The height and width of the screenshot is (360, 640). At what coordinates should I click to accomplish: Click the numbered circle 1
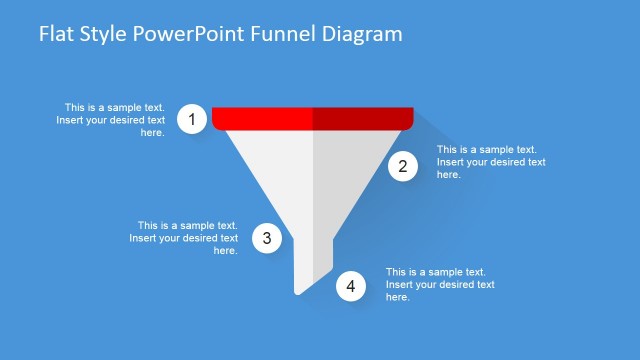192,119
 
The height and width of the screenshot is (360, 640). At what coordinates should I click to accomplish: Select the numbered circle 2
403,167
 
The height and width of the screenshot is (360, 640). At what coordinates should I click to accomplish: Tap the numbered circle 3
266,238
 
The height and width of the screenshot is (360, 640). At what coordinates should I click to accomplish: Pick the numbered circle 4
350,287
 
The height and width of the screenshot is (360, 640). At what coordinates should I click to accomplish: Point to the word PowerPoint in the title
198,34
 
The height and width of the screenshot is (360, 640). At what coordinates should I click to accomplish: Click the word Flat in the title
56,34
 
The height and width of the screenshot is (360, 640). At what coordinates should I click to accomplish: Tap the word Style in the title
105,34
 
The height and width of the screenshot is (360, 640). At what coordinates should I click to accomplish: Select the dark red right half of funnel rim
362,119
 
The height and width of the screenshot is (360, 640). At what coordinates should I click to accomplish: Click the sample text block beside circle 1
111,119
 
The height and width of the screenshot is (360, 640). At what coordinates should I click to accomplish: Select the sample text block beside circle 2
491,162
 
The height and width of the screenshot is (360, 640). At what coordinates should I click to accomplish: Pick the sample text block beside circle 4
440,284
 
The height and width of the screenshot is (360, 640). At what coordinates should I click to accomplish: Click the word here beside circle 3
225,251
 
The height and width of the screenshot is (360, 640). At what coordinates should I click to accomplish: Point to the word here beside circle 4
398,297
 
